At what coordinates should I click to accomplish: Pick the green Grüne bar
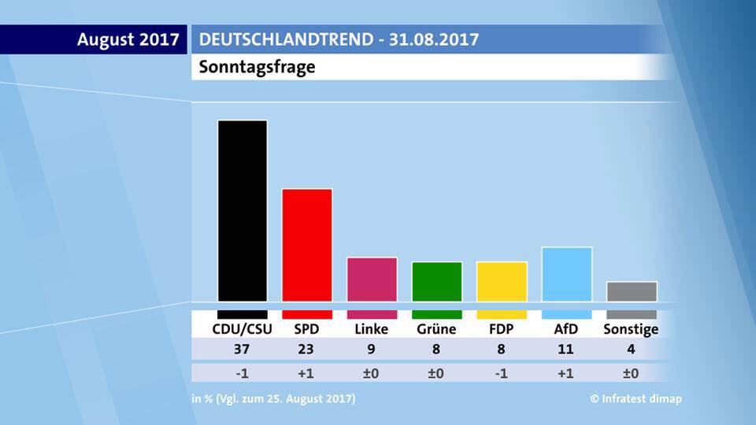tap(436, 281)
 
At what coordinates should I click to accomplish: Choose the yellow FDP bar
tap(502, 281)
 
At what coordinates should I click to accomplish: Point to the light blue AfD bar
tap(566, 273)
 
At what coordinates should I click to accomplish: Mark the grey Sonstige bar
tap(632, 291)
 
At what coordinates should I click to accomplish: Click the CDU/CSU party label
tap(242, 329)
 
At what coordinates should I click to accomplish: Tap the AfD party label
tap(566, 329)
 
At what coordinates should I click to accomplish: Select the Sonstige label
tap(631, 329)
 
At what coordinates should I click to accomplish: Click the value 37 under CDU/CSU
tap(242, 349)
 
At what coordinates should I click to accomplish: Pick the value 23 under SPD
tap(306, 349)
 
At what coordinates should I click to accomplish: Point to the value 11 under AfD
tap(566, 349)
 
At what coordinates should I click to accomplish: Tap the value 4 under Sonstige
tap(632, 349)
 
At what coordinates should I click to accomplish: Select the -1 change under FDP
tap(502, 373)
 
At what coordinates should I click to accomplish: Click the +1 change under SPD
tap(306, 373)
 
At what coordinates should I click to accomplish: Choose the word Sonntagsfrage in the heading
tap(257, 67)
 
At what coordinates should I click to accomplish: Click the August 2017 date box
tap(128, 39)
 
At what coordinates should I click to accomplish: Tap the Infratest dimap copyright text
tap(636, 399)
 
